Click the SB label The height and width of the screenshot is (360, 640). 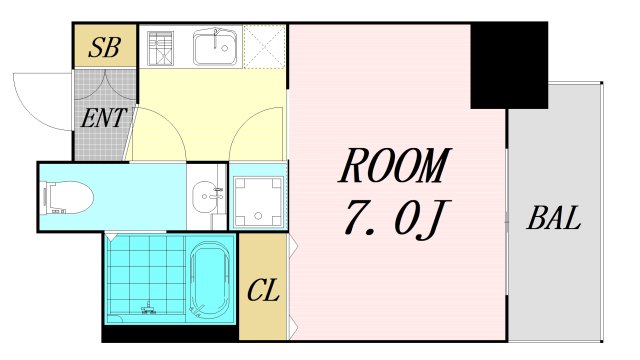click(x=105, y=47)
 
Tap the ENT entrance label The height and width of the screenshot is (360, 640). click(x=103, y=118)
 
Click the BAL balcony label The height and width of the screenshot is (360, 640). click(x=555, y=219)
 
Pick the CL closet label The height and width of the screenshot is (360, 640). click(x=263, y=293)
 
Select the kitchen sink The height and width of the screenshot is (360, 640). click(x=214, y=47)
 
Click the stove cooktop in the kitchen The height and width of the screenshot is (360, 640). click(x=161, y=47)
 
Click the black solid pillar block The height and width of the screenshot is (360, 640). click(x=509, y=65)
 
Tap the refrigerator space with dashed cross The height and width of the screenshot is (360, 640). click(x=265, y=46)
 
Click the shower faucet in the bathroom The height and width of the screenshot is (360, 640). click(x=150, y=307)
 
